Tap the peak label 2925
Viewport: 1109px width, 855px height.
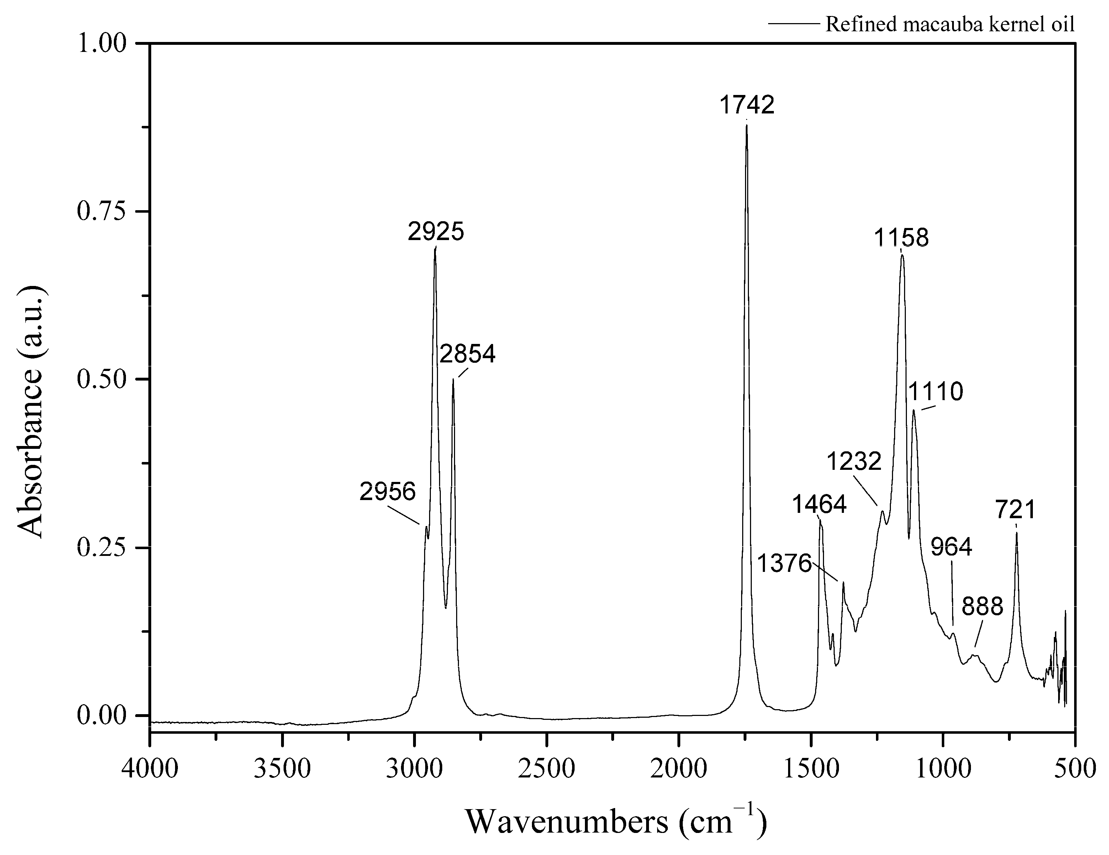click(436, 232)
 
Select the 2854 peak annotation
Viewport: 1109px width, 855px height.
click(467, 354)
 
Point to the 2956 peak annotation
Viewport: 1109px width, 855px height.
click(387, 492)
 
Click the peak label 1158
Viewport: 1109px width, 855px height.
click(901, 238)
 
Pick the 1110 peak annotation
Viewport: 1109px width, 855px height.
click(935, 392)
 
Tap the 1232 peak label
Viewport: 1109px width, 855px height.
click(854, 462)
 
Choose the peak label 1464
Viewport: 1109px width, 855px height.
click(819, 505)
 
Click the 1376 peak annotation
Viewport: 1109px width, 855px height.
click(784, 564)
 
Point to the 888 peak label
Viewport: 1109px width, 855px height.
click(983, 607)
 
